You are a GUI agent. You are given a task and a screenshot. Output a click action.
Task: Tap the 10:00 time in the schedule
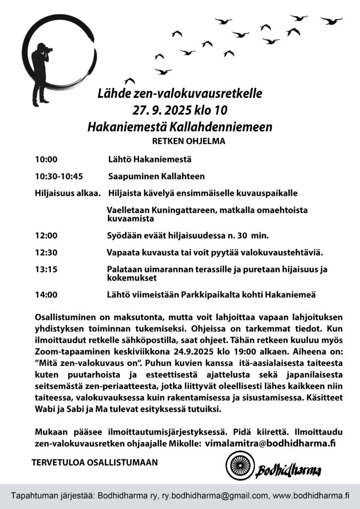(46, 160)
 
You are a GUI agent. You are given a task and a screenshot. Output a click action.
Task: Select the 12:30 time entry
(46, 253)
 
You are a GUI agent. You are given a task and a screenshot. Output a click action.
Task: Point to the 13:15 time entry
(46, 269)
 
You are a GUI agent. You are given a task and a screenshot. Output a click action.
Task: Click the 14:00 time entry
(46, 295)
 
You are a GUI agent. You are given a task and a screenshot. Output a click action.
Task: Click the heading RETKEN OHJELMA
(188, 141)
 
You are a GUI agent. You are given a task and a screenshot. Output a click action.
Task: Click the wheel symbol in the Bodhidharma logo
(237, 466)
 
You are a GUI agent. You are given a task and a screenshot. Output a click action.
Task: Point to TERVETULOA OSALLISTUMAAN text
(94, 462)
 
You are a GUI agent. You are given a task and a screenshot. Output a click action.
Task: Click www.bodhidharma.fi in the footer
(311, 496)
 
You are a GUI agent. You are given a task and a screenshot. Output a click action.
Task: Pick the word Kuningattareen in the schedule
(183, 210)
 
